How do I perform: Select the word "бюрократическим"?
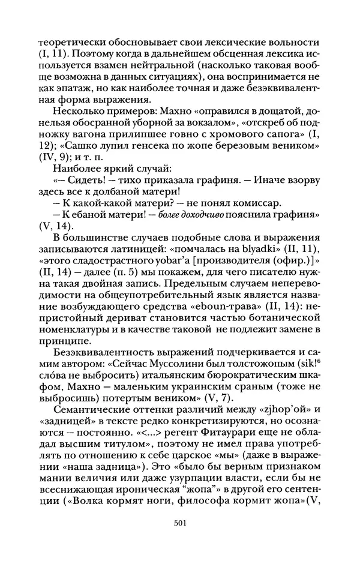point(239,376)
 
